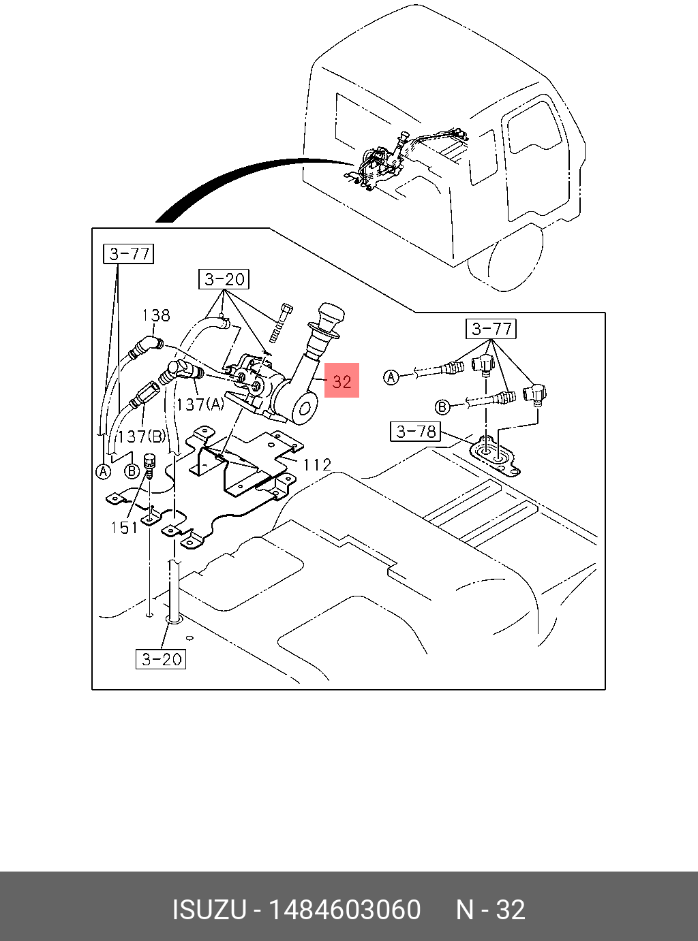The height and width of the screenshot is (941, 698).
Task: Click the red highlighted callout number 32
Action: pos(342,381)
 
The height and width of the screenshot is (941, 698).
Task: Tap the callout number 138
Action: pos(156,315)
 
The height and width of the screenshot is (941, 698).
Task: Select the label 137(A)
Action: pos(200,404)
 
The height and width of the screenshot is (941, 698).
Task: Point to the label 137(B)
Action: pos(141,436)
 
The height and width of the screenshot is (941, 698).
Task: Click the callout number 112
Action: pos(317,465)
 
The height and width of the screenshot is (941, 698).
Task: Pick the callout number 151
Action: pos(124,528)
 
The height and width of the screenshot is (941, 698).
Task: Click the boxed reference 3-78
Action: pos(416,431)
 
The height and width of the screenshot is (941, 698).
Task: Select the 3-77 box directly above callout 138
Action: pos(129,254)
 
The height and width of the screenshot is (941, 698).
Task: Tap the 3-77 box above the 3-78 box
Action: pos(491,329)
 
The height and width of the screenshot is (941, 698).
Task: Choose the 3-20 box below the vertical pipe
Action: pos(162,659)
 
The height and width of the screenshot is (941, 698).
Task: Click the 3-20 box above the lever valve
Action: pos(224,279)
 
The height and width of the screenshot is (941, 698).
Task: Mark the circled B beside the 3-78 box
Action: pos(442,407)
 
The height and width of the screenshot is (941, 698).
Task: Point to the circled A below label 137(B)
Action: pos(103,471)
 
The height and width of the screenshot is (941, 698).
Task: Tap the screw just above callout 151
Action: pos(150,466)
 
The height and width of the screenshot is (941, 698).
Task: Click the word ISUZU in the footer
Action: pos(209,910)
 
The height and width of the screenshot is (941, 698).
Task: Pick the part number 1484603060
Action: pos(344,910)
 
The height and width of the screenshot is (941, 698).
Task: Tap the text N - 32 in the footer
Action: pos(490,910)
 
